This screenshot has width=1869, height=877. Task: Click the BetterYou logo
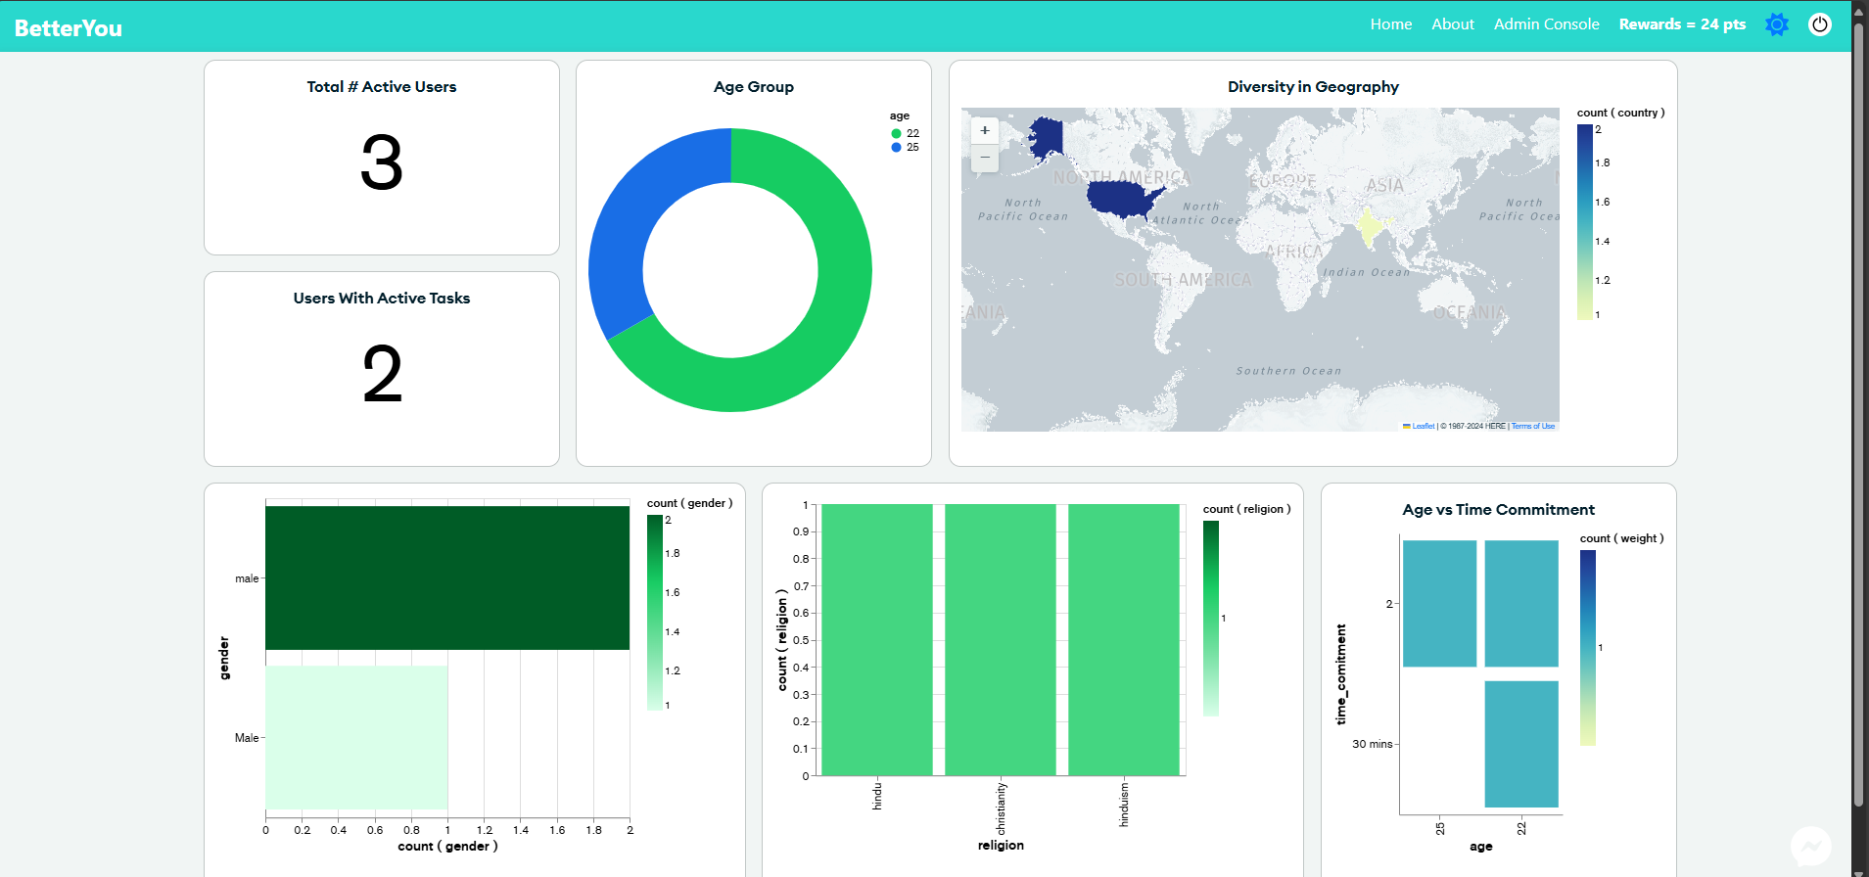(69, 28)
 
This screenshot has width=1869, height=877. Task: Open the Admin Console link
(1546, 24)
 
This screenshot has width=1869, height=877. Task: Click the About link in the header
(1452, 24)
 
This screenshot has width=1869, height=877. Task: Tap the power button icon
(1819, 24)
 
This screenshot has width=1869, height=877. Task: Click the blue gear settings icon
(1776, 24)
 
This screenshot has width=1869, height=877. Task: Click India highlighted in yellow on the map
(1369, 228)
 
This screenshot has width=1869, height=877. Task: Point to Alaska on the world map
(1046, 136)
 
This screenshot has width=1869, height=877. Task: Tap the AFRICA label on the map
(1293, 252)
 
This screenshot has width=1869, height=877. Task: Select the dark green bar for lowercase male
(446, 577)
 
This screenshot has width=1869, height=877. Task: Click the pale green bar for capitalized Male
(356, 737)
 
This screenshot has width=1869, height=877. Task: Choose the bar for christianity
(1000, 639)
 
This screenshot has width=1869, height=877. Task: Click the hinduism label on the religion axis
(1124, 804)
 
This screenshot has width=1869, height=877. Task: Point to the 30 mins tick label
(1372, 744)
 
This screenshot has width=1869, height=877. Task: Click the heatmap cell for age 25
(1439, 603)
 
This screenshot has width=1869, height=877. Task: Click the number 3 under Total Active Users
(382, 162)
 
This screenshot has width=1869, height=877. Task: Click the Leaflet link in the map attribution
(1423, 426)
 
